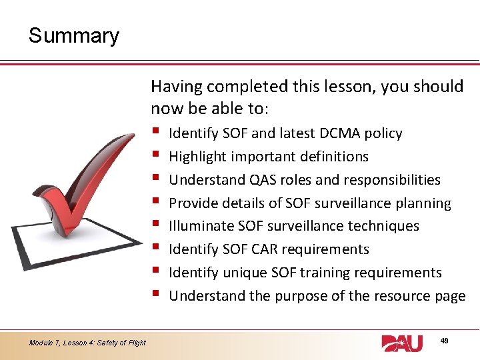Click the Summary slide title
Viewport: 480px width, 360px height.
[x=73, y=35]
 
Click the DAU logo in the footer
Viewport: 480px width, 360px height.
[x=402, y=343]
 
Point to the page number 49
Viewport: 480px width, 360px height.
[x=444, y=341]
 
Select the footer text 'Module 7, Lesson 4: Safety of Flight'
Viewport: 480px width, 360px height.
[x=87, y=343]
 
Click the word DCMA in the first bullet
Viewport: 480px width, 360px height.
[x=341, y=133]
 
